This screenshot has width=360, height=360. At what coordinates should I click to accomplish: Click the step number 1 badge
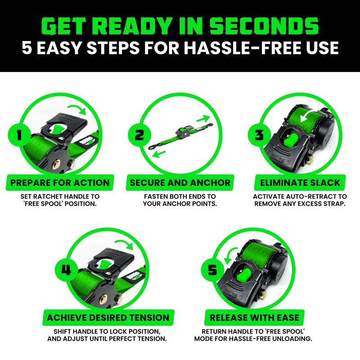[x=18, y=135]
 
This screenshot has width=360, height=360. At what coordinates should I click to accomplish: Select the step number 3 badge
[x=258, y=135]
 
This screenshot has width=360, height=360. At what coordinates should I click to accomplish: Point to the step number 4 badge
[x=66, y=270]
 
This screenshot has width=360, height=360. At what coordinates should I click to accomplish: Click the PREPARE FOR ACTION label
[x=60, y=183]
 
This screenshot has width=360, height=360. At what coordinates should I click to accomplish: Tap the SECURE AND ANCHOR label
[x=180, y=183]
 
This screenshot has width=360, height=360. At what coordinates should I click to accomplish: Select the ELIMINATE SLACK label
[x=300, y=183]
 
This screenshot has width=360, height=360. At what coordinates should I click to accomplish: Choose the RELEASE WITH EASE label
[x=253, y=318]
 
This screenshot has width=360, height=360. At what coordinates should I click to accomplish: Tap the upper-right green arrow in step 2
[x=203, y=118]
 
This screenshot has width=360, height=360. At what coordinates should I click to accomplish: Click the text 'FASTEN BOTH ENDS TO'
[x=180, y=197]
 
